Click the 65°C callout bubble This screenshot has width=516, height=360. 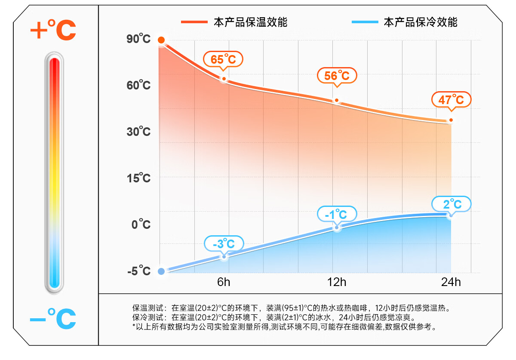point(223,59)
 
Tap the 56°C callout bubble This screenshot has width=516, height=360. point(337,76)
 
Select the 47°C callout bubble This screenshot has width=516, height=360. point(451,100)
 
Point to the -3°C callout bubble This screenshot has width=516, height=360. point(224,244)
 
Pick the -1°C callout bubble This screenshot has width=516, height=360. point(337,214)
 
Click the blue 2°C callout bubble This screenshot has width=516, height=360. point(451,203)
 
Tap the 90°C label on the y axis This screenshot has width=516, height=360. point(138,39)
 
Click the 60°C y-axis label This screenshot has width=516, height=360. point(138,85)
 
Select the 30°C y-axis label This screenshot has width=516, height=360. point(138,131)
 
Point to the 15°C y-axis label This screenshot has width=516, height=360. point(138,178)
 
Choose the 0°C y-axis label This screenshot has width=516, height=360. point(141,224)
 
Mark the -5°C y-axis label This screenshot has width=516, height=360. point(138,271)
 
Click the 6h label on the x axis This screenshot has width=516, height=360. point(224,283)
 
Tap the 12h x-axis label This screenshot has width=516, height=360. point(337,283)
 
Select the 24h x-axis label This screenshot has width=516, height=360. point(451,283)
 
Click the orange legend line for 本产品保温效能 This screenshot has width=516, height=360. point(194,22)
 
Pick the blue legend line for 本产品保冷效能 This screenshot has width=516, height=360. point(365,22)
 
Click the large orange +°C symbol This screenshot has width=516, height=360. point(53,29)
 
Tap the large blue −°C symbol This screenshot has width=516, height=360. point(53,319)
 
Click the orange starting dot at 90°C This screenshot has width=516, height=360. point(161,40)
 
